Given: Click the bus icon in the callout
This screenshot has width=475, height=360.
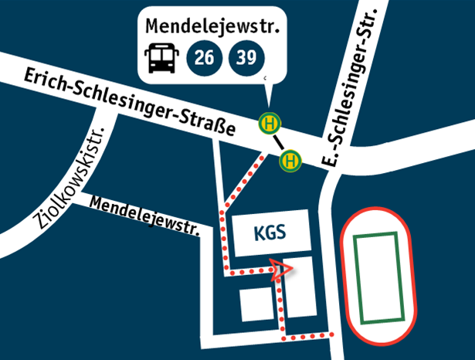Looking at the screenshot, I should click(161, 58).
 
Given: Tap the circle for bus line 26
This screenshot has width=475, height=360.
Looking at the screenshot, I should click(205, 57).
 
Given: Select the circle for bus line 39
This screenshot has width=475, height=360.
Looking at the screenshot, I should click(247, 57).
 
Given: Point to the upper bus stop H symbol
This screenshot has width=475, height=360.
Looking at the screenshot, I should click(270, 122).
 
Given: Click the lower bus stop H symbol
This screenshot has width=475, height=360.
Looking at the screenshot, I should click(291, 161).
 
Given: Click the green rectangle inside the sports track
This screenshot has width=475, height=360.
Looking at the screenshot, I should click(378, 276).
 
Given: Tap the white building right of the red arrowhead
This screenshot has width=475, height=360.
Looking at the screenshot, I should click(302, 286).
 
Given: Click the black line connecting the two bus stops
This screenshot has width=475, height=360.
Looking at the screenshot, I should click(280, 141).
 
